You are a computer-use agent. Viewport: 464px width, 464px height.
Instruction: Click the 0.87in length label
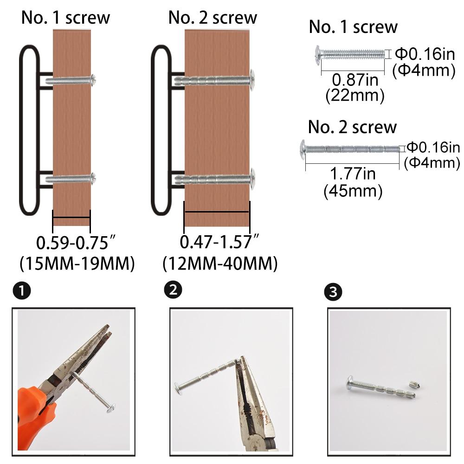355,80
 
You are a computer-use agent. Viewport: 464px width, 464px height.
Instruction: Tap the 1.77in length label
353,174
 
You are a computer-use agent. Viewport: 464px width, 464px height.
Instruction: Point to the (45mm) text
353,191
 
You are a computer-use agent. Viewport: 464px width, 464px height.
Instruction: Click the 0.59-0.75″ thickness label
76,243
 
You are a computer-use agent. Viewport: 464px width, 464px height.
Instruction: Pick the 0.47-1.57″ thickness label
219,241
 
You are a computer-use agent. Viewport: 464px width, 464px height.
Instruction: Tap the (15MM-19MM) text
77,264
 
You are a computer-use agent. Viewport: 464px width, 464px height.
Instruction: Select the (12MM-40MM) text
220,264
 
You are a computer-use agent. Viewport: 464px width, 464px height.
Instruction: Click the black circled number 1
22,290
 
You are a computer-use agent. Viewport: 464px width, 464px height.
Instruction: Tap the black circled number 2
173,290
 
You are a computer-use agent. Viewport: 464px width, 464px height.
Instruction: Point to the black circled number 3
333,292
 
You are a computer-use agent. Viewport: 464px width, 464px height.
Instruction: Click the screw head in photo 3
350,382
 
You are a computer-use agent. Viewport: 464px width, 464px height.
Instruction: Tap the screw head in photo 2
178,389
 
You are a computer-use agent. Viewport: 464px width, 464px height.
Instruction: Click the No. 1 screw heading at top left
65,18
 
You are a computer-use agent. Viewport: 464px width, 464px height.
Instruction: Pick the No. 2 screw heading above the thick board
213,18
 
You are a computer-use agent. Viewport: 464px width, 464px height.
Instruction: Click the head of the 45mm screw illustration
303,150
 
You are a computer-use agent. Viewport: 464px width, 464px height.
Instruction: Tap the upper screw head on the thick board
252,80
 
